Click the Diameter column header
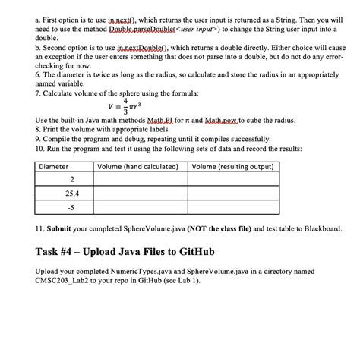pos(54,166)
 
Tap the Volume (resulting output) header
pos(233,166)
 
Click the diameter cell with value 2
pos(71,179)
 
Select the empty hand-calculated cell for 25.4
pos(141,193)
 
